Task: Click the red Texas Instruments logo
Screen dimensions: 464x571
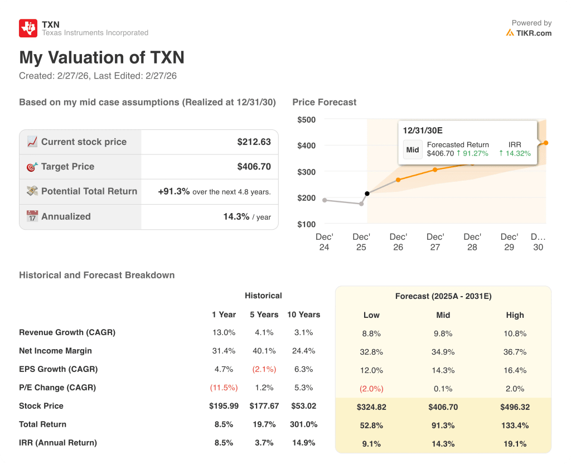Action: click(28, 28)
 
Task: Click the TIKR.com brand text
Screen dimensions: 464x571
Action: click(534, 33)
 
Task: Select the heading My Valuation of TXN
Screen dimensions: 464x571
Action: click(101, 57)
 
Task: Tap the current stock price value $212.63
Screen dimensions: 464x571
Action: click(254, 142)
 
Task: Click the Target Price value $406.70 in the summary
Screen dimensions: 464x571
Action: click(254, 166)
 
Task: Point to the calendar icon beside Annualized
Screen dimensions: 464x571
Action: click(32, 216)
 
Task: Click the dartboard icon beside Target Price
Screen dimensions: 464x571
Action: click(32, 166)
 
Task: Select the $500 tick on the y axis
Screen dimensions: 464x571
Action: click(306, 119)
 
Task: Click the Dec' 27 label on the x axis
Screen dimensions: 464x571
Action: click(435, 241)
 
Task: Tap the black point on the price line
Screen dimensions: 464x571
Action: click(367, 194)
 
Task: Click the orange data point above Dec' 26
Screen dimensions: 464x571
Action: click(398, 180)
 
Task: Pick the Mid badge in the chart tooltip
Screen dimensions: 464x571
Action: click(413, 149)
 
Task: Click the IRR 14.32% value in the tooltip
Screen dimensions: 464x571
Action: click(515, 153)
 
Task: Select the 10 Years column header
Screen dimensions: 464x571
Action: click(303, 315)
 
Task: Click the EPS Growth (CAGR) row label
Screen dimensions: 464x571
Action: click(58, 369)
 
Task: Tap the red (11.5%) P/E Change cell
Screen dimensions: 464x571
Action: click(224, 388)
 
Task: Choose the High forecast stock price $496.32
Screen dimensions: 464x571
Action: click(515, 407)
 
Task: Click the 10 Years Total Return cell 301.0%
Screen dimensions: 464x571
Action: click(303, 424)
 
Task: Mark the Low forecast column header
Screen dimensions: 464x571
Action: click(371, 315)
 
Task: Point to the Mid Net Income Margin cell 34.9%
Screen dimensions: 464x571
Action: click(443, 352)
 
